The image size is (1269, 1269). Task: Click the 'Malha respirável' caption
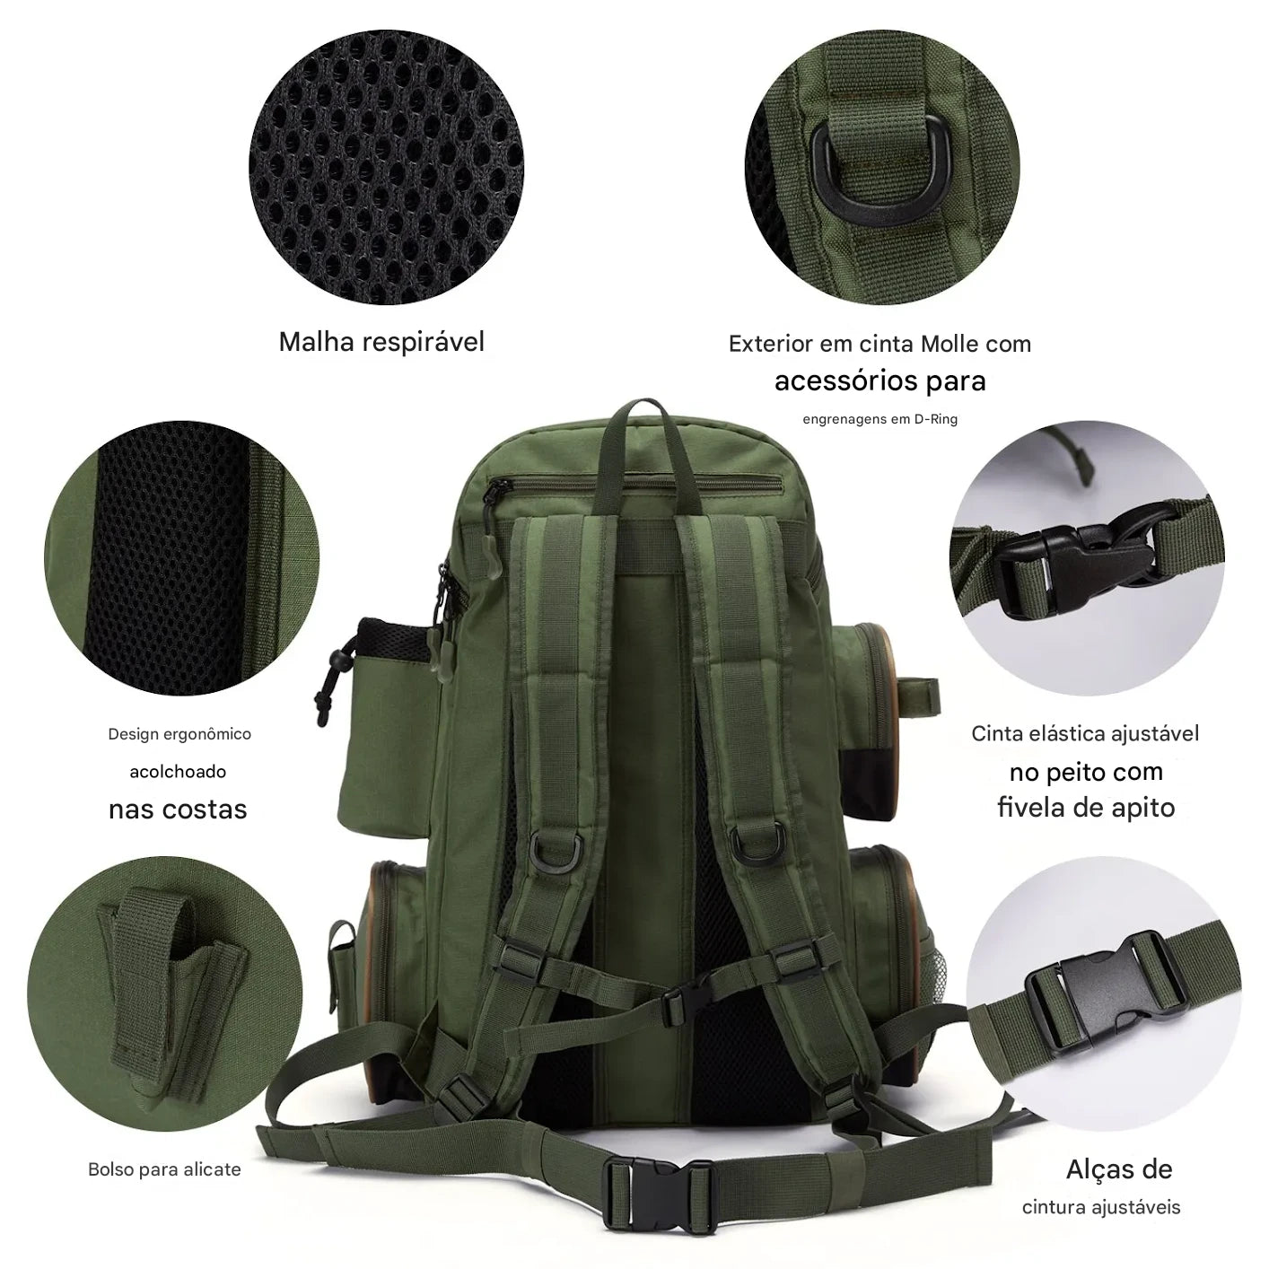tap(381, 342)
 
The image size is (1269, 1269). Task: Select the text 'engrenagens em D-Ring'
tap(880, 419)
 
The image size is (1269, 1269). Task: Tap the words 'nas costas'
tap(178, 810)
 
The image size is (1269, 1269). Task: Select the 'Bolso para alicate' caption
tap(164, 1169)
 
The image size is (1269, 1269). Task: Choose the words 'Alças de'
tap(1119, 1169)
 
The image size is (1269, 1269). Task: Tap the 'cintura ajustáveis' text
tap(1101, 1207)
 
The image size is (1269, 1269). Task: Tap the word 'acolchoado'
tap(178, 772)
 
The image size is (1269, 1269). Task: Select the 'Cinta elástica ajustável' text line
tap(1085, 734)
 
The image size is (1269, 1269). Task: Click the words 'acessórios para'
tap(880, 381)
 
